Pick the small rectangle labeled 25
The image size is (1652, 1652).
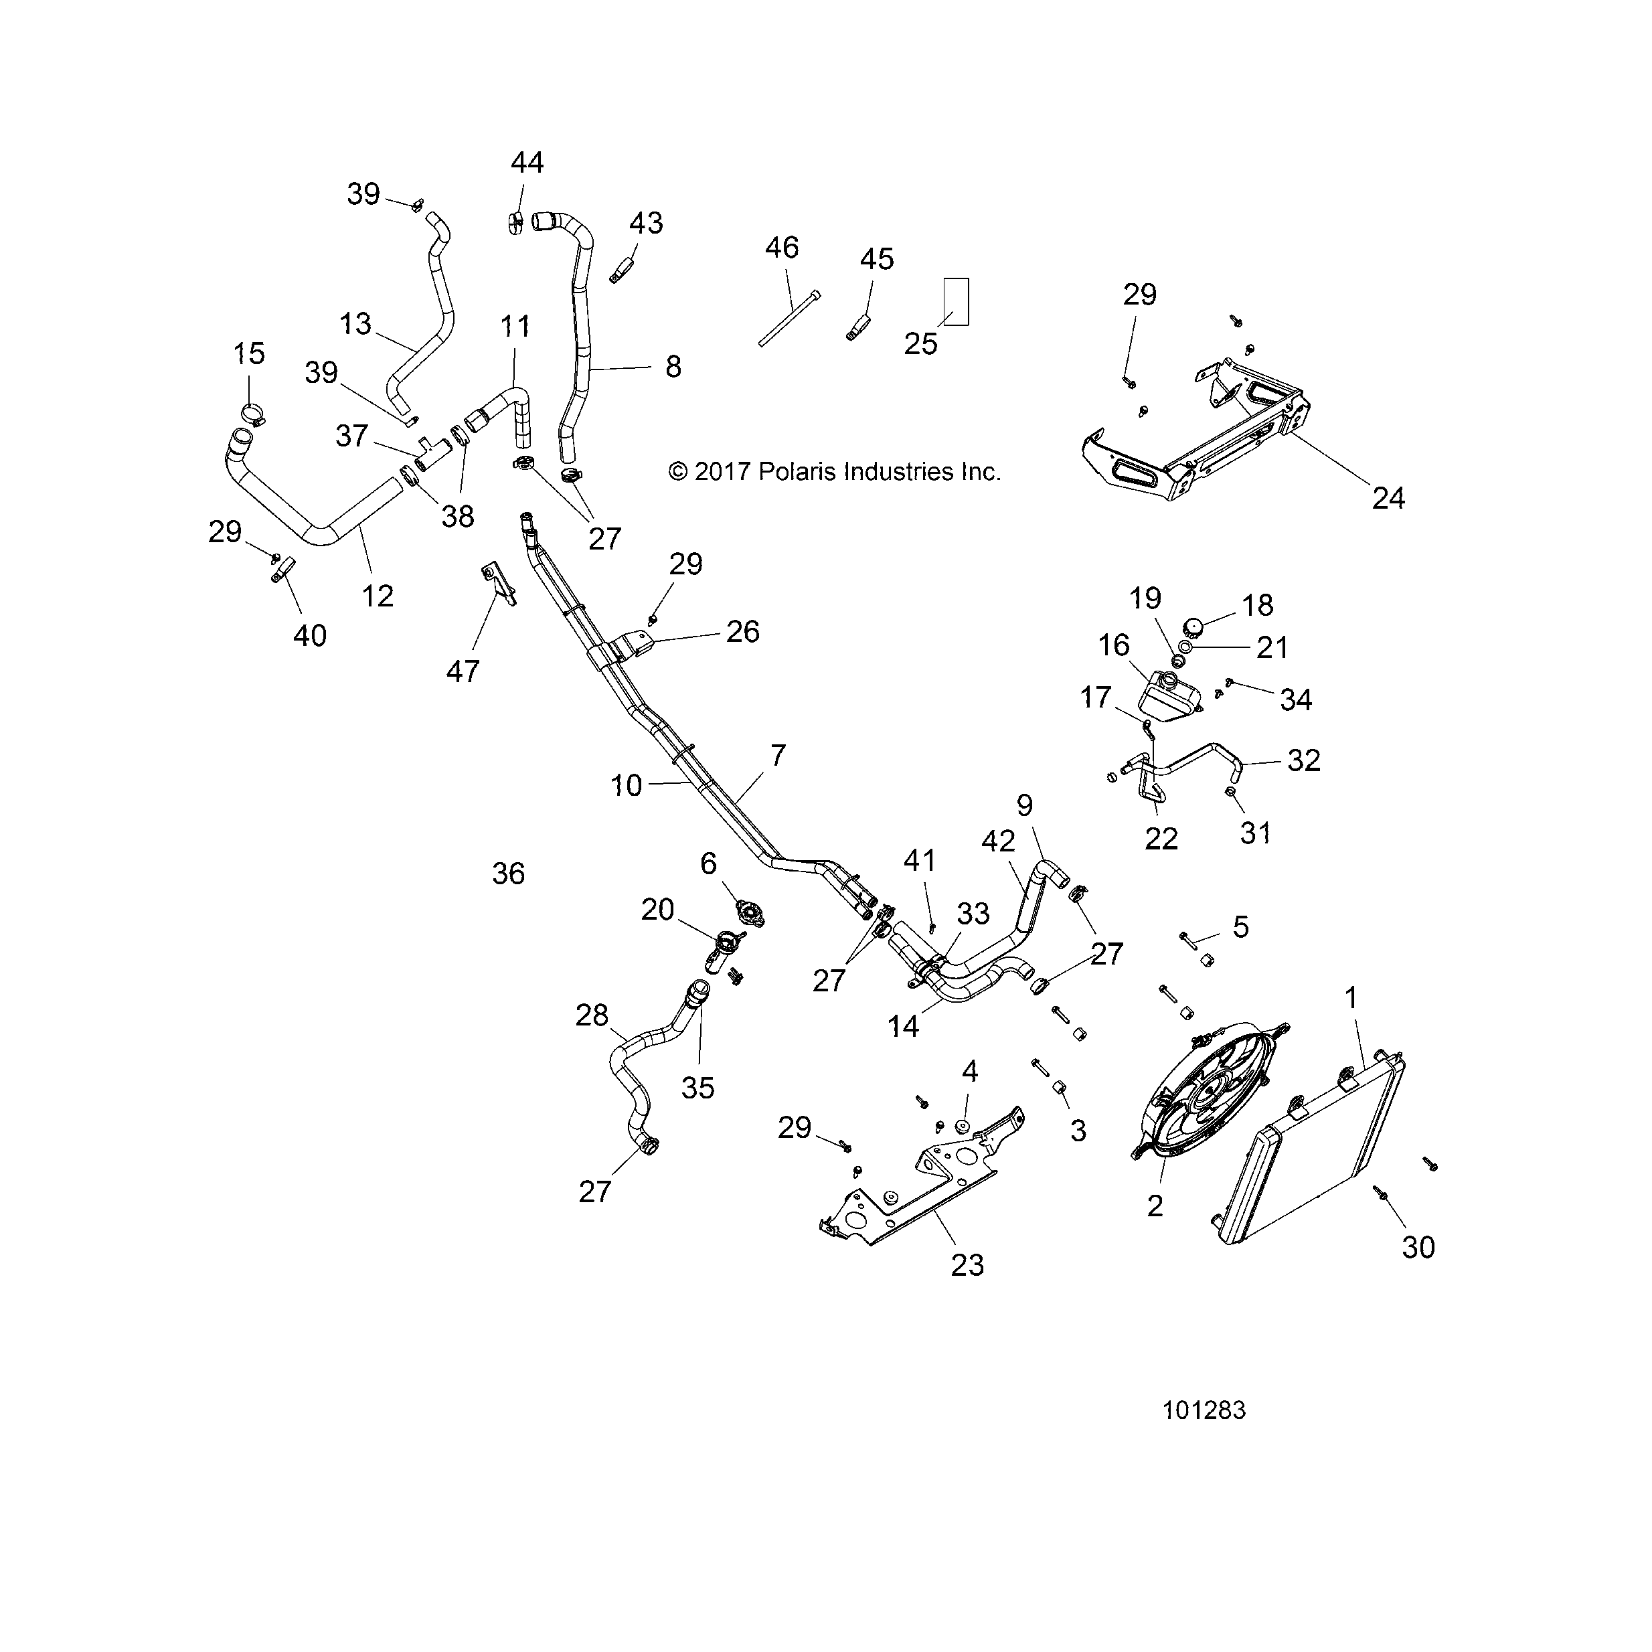[x=956, y=301]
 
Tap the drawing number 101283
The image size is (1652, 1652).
[x=1204, y=1410]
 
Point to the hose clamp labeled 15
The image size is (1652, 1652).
[x=253, y=413]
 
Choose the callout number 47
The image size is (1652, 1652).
[x=463, y=671]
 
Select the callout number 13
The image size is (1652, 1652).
[x=355, y=323]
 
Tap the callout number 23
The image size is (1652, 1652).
[x=967, y=1264]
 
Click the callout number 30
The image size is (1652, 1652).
[x=1418, y=1248]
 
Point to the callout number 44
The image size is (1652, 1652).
[x=527, y=163]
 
